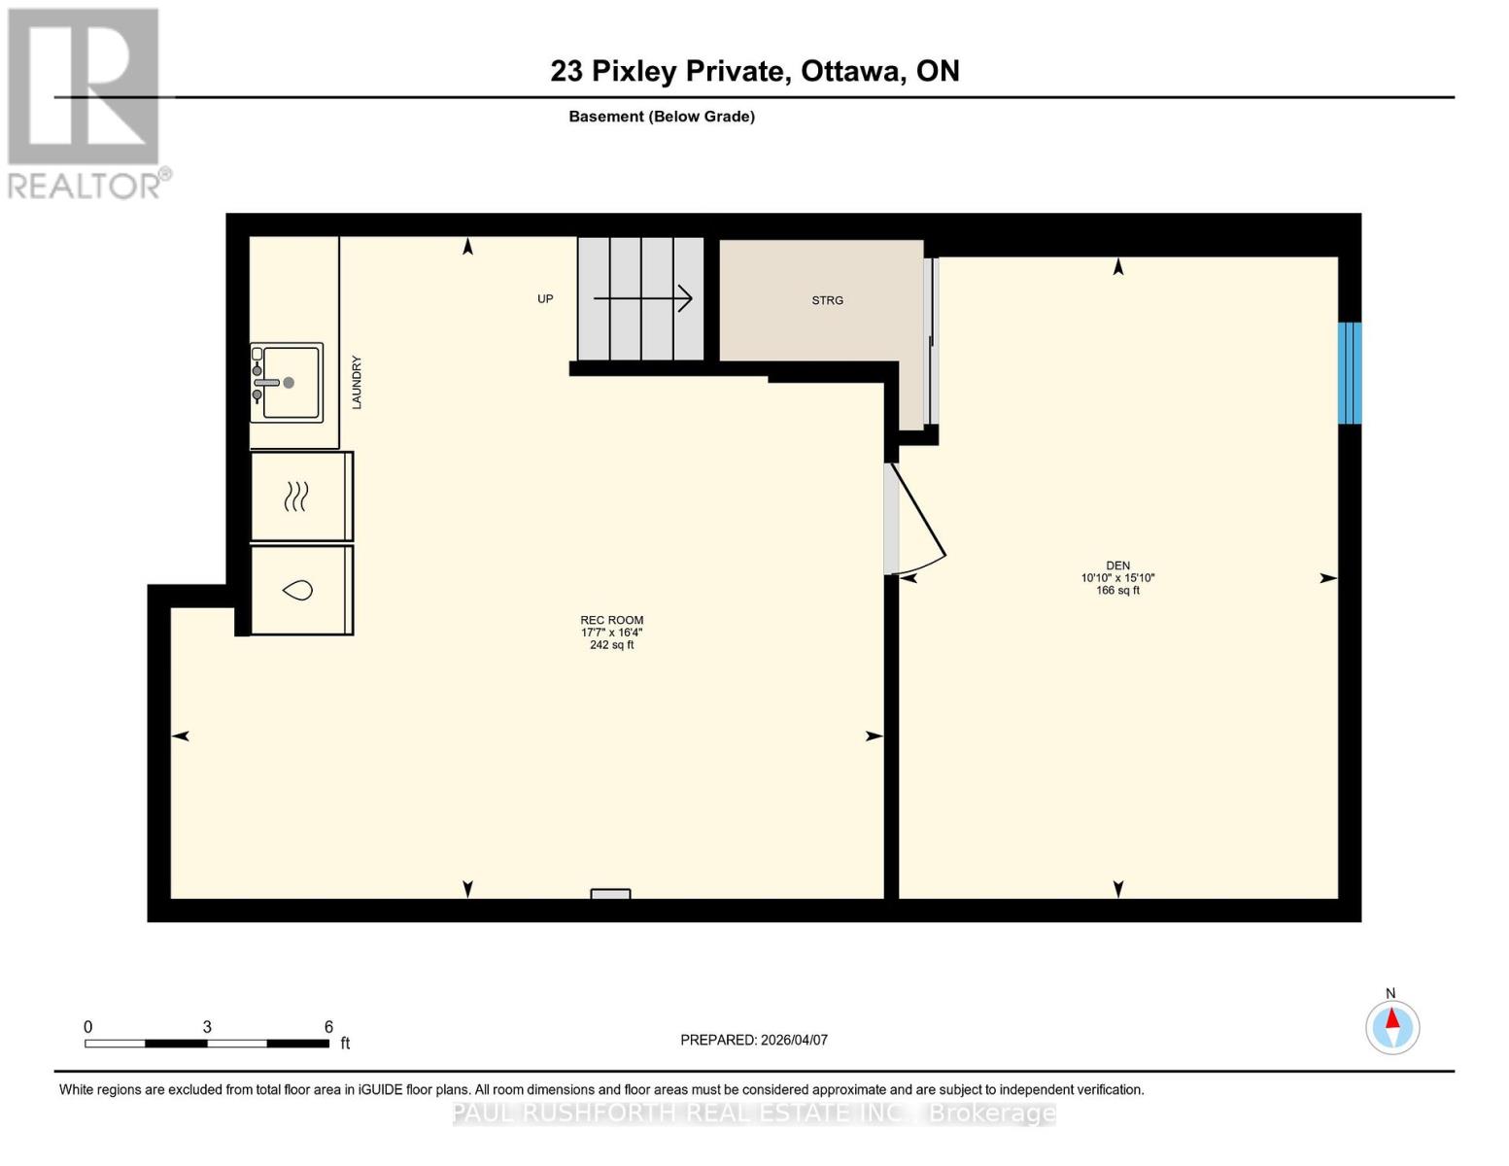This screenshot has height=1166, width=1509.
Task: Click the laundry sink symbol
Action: [287, 383]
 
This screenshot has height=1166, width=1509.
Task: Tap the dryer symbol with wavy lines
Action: [297, 497]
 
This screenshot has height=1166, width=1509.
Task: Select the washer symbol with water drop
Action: [297, 590]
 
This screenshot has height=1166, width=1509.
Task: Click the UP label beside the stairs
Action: [545, 299]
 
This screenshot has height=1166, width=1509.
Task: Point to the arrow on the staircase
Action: [642, 298]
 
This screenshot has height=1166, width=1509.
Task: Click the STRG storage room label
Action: [827, 300]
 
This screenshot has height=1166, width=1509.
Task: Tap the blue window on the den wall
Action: [1349, 373]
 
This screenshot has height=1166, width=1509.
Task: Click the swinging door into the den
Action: [919, 519]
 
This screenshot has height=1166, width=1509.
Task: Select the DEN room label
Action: [1117, 566]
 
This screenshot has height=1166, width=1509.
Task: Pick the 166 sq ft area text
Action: [1117, 591]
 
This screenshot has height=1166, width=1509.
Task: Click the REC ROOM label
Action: [611, 620]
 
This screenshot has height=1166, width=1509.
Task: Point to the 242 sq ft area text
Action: [611, 645]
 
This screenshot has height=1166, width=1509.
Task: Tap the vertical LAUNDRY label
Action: [357, 382]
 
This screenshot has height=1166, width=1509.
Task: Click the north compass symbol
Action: [1391, 1027]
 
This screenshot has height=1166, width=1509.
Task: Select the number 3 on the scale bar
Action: [207, 1027]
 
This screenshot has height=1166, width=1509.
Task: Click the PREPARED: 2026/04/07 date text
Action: [754, 1040]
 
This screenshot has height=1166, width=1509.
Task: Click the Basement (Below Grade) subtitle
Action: [662, 117]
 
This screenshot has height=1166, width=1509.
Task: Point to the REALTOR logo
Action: [86, 103]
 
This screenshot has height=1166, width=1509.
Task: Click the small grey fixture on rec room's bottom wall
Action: [610, 894]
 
